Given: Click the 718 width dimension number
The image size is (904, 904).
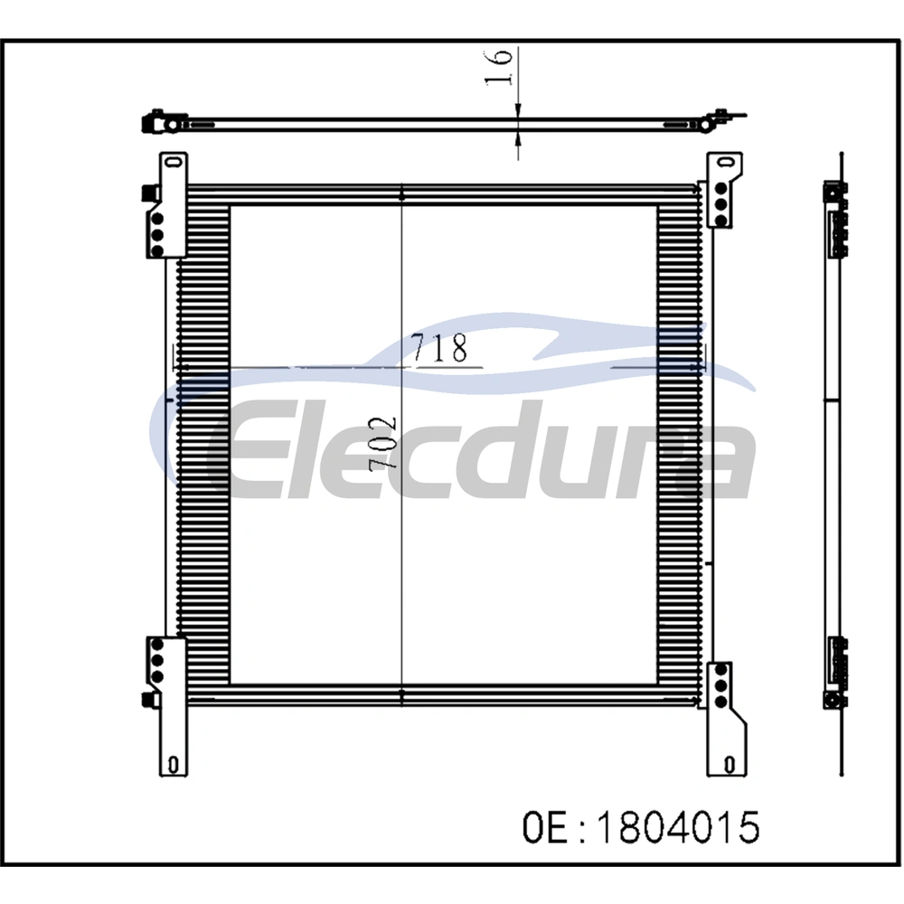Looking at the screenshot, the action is point(440,348).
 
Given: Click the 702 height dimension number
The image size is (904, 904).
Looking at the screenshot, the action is point(382,444).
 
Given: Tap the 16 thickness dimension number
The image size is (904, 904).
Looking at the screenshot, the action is point(498,68).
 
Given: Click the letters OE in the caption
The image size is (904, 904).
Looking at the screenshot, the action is point(547,827).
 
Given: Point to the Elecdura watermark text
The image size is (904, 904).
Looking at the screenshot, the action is point(482,449).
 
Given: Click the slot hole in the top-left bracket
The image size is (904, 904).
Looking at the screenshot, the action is point(171,161).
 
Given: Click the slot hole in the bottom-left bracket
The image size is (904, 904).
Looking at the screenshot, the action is point(172,765).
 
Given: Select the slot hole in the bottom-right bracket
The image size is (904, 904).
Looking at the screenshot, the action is point(730,765).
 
